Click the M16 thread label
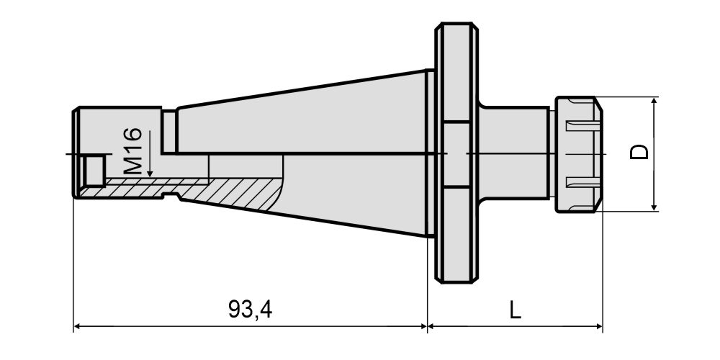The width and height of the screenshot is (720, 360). coord(133,151)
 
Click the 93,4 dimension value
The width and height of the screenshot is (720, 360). coord(251,310)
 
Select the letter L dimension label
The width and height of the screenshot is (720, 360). coord(516,310)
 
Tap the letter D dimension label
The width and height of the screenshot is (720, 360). coord(639,152)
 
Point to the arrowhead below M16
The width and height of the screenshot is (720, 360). coord(150,174)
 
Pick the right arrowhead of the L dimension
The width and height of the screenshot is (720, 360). coord(597,326)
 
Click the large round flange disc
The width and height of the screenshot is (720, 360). coord(456,153)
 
